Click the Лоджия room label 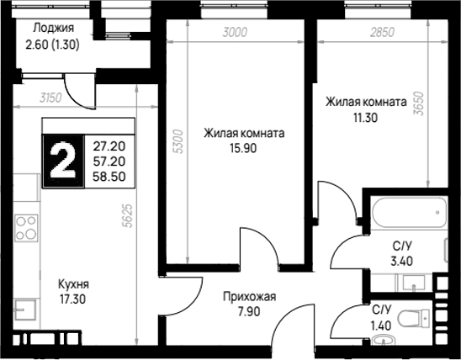pos(53,28)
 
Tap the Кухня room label pos(73,284)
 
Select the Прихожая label pos(249,297)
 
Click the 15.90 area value pos(243,148)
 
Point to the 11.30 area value pos(365,118)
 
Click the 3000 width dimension pos(235,32)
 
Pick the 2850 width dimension pos(382,32)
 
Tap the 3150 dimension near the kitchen pos(50,98)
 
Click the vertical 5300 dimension pos(178,141)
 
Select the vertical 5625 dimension pos(128,215)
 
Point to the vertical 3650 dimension pos(419,103)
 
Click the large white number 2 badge pos(63,161)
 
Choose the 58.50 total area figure pos(109,177)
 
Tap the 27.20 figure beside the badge pos(109,146)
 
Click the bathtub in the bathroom pos(409,212)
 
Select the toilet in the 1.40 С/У pos(413,318)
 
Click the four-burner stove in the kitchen pos(26,228)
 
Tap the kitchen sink pos(25,310)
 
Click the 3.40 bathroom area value pos(401,261)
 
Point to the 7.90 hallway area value pos(249,311)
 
